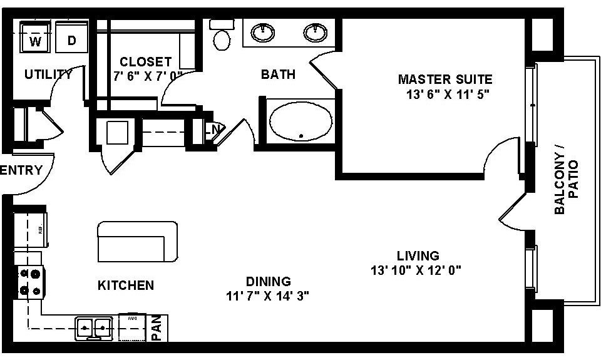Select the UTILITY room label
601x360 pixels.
[x=48, y=75]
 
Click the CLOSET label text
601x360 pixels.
[x=145, y=62]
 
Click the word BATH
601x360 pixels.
[x=278, y=75]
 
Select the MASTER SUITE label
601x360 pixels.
[x=445, y=80]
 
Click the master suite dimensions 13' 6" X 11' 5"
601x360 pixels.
[x=446, y=95]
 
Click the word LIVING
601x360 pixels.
[x=418, y=255]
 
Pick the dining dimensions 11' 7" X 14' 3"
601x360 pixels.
[x=269, y=296]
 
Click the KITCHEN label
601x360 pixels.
[x=126, y=285]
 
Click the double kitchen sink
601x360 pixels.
[x=94, y=327]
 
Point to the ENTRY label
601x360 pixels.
[x=21, y=170]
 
